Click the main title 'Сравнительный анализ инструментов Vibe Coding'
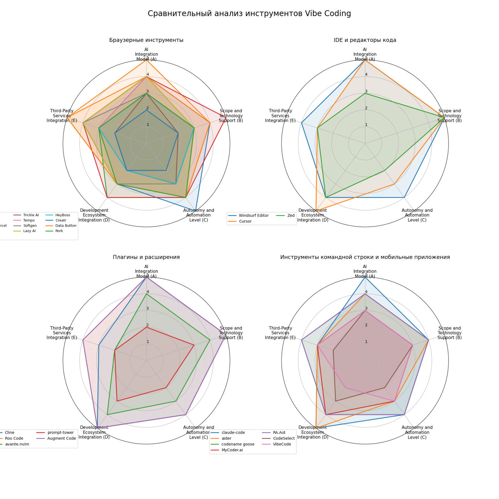(249, 13)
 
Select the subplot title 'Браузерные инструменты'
(146, 40)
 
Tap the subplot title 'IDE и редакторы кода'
(365, 40)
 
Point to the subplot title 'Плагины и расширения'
(146, 257)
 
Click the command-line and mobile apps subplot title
(365, 257)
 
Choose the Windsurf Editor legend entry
(253, 216)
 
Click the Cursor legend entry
(245, 221)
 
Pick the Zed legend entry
(291, 216)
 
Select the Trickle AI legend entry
(31, 215)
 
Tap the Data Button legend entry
(66, 226)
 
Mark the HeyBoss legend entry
(62, 215)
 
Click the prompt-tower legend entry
(60, 432)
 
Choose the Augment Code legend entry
(61, 439)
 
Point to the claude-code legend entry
(233, 432)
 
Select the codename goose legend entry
(238, 444)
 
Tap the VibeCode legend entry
(282, 444)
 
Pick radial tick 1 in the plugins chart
(148, 342)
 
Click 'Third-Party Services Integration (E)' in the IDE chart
(280, 116)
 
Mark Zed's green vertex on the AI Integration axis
(365, 93)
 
